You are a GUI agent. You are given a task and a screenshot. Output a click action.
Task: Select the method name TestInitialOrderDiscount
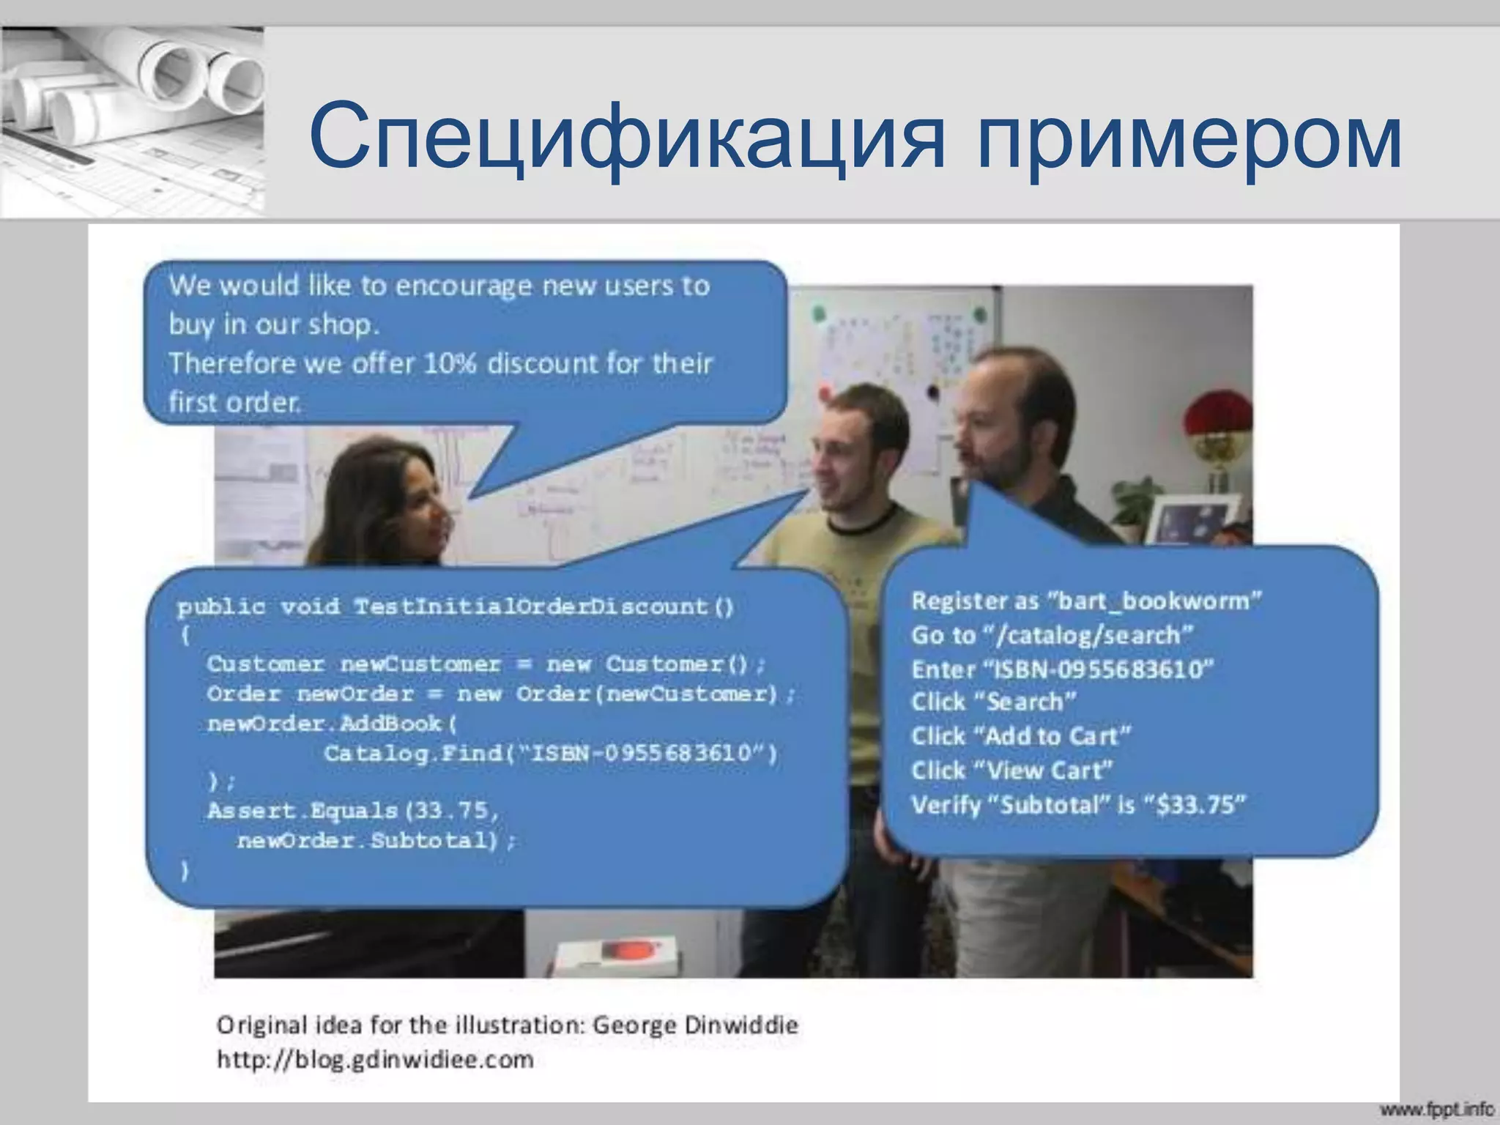click(531, 606)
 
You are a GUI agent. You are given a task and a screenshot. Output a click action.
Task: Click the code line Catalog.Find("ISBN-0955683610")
click(550, 753)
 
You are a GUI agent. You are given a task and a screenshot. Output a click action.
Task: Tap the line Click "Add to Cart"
click(1020, 735)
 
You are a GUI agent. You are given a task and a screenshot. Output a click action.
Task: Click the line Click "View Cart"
click(1011, 770)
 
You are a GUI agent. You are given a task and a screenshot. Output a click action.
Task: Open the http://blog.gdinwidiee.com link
click(375, 1059)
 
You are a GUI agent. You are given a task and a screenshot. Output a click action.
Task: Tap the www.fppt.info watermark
click(1436, 1110)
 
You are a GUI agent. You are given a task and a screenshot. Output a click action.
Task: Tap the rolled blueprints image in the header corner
click(132, 121)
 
